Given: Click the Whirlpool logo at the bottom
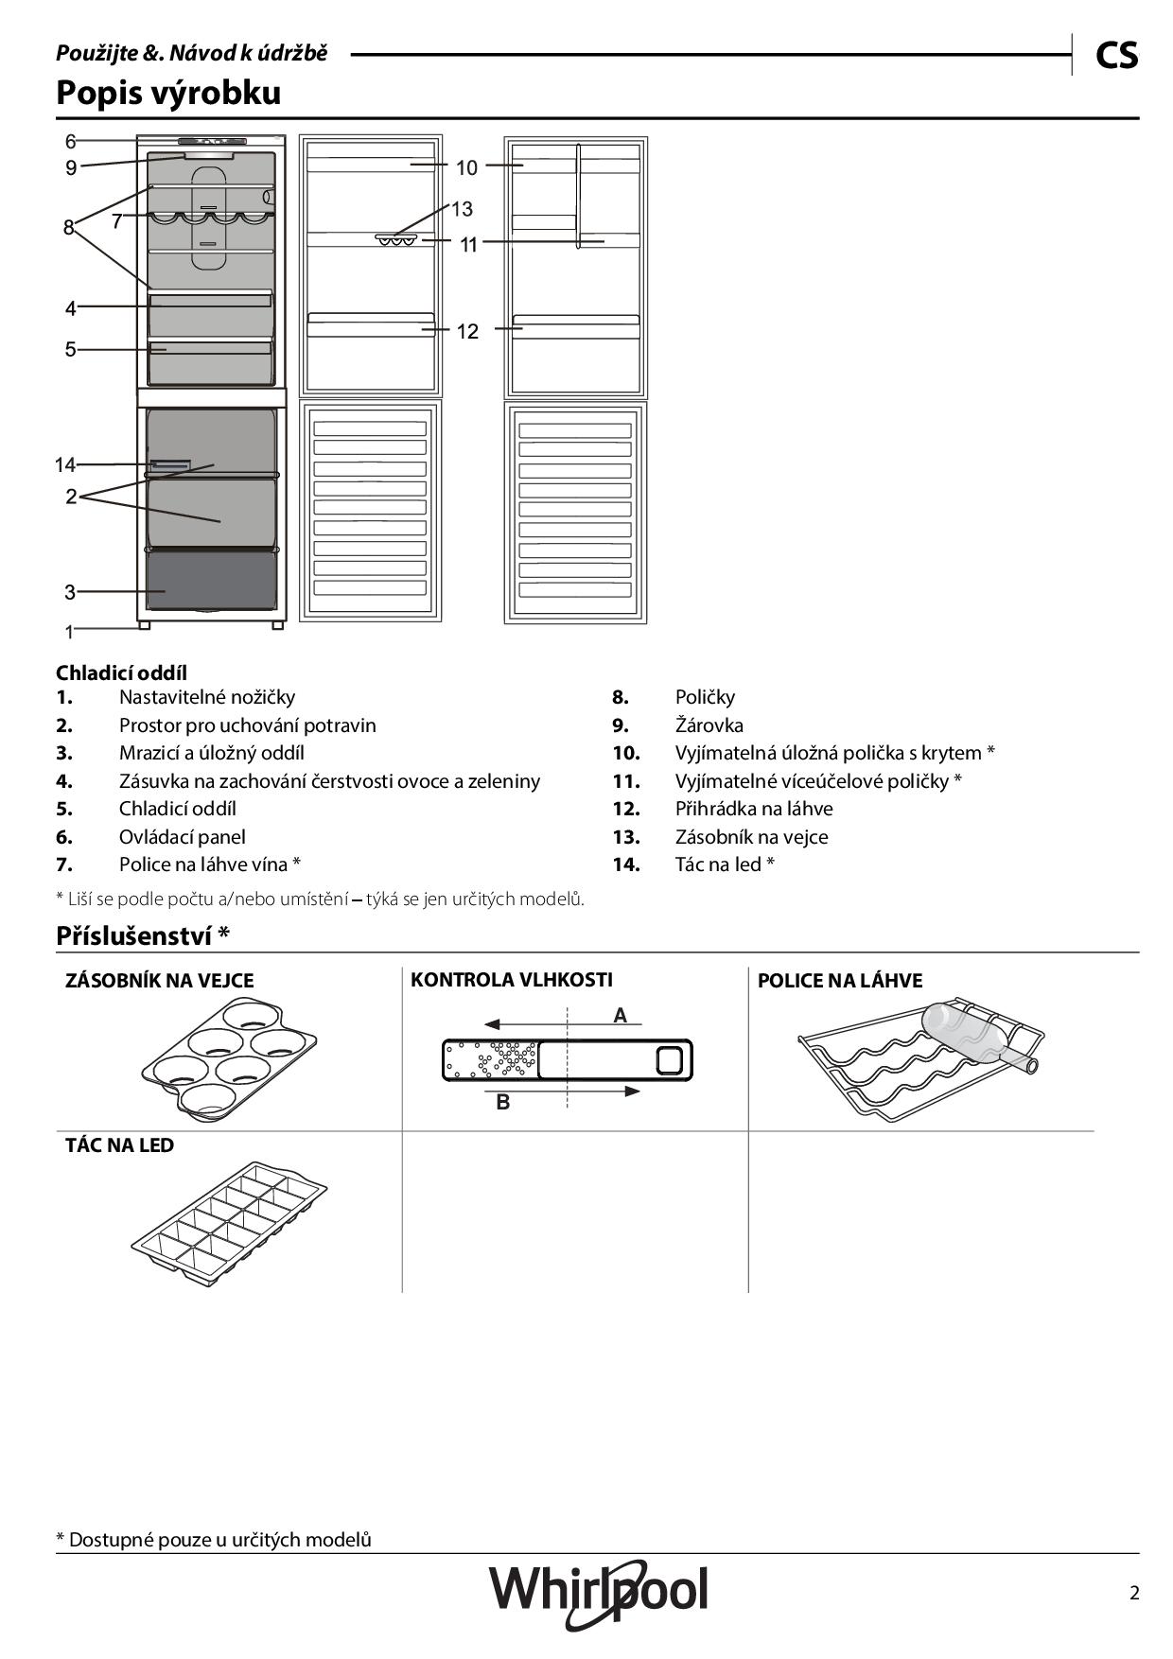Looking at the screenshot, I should point(598,1591).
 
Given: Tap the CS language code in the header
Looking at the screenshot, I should point(1116,56).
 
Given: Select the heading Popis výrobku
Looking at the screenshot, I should point(168,93).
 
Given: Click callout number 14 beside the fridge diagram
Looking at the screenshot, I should point(64,464).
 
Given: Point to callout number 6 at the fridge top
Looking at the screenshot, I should point(71,142).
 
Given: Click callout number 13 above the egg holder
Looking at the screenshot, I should point(461,209).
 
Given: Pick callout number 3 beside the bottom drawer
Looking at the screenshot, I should point(70,593).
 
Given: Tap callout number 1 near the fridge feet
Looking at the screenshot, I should point(69,631).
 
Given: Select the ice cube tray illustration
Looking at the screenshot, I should point(228,1217).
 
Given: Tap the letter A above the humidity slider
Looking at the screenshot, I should point(620,1016).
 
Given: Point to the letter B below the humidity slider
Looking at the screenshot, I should point(503,1102).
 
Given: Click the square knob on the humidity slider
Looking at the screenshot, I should point(669,1060).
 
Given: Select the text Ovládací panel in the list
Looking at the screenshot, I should point(182,837).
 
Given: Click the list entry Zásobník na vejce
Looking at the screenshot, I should point(751,837).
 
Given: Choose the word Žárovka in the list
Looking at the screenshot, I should point(709,725).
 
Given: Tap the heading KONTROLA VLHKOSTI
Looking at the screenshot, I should point(511,980).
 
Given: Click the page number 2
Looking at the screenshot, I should point(1134,1593).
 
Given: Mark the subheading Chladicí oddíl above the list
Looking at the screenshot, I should point(121,672).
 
